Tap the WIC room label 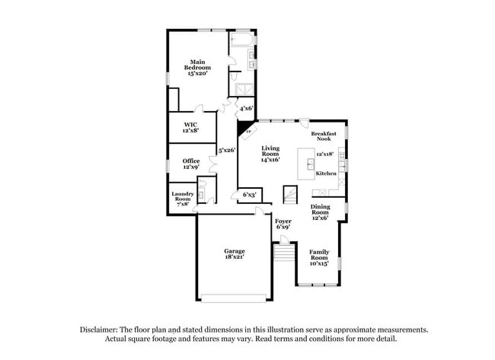[190, 127]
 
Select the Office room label [190, 164]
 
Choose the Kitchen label [327, 174]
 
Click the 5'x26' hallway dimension [225, 150]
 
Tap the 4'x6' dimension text [246, 109]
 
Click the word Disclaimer [103, 330]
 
